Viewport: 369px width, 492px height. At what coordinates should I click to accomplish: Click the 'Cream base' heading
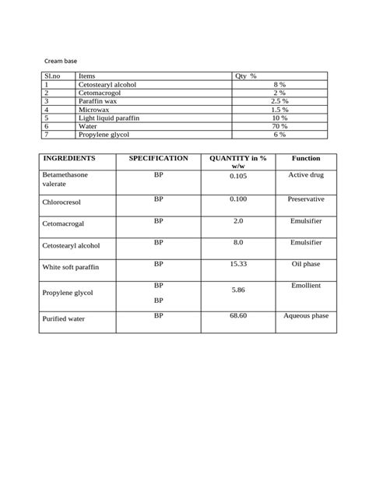coord(60,59)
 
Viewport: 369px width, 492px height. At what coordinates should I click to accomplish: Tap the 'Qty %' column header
coord(246,76)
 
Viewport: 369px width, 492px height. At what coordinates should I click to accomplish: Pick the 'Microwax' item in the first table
coord(93,110)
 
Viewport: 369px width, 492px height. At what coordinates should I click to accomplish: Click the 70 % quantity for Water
coord(280,126)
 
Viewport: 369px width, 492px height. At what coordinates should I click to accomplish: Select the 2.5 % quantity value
coord(280,101)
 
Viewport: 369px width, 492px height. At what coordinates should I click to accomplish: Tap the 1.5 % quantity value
coord(280,110)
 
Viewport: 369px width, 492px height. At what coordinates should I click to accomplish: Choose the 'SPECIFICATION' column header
coord(158,159)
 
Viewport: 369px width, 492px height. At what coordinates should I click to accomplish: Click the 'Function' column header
coord(306,159)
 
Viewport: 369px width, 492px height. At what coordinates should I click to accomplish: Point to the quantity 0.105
coord(238,177)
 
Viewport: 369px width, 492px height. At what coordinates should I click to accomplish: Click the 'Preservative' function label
coord(306,199)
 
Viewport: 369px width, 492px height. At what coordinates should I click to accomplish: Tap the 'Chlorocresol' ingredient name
coord(63,202)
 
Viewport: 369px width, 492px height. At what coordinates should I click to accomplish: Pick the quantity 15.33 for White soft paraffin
coord(238,265)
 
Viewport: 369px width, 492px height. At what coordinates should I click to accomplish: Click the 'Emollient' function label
coord(306,286)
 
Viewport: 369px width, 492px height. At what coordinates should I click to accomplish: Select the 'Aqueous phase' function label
coord(306,316)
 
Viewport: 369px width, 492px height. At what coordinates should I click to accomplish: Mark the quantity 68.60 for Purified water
coord(238,316)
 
